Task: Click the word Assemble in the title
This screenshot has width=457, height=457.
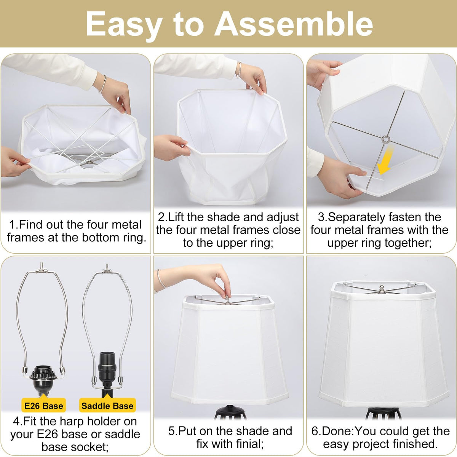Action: click(x=294, y=24)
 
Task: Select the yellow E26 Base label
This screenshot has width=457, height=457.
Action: click(x=44, y=406)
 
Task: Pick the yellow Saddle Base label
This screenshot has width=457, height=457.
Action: click(x=107, y=406)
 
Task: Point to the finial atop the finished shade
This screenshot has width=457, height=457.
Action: click(x=381, y=289)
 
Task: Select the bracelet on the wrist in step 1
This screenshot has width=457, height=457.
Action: click(x=103, y=84)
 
